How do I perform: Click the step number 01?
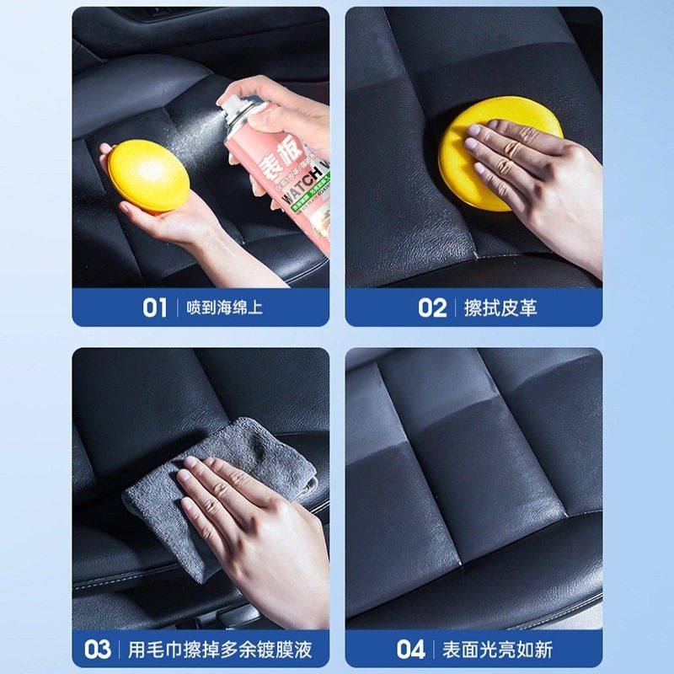click(x=154, y=308)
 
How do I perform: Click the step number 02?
click(x=431, y=308)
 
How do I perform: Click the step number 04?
click(x=411, y=649)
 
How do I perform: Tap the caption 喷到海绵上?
click(x=225, y=308)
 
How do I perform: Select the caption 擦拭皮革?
click(x=500, y=308)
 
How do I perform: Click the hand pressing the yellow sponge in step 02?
click(x=539, y=168)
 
